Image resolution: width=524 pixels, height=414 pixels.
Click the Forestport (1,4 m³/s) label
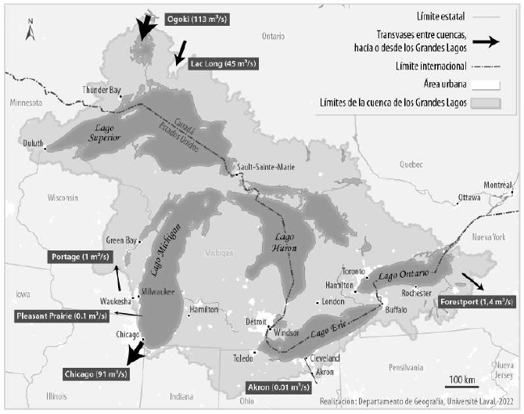(476, 301)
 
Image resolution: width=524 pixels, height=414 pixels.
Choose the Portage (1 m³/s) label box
(81, 257)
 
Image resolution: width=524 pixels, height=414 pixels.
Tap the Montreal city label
(497, 184)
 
